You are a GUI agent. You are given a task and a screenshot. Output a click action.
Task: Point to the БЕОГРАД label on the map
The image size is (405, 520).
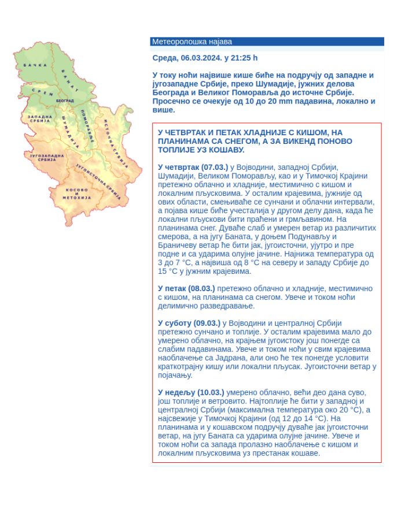point(65,101)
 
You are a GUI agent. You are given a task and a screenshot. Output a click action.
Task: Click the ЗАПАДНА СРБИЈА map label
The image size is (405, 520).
point(39,119)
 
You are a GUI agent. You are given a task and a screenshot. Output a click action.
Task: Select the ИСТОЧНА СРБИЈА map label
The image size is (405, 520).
point(115,139)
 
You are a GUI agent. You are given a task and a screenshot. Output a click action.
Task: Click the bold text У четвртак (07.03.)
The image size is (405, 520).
point(193,167)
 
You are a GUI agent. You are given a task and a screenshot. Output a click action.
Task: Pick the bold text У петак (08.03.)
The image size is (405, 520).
point(186,288)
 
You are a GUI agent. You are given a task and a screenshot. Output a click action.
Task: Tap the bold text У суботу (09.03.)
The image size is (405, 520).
point(189,322)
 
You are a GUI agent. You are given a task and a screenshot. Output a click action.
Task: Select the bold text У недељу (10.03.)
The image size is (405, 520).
point(190,392)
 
